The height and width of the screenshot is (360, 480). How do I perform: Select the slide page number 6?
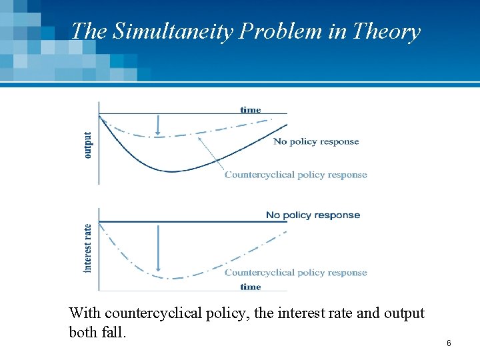coord(449,343)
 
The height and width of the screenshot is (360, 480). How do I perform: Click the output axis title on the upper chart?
coord(89,144)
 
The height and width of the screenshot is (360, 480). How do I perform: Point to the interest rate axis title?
coord(89,247)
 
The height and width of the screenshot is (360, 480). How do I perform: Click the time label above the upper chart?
coord(251,109)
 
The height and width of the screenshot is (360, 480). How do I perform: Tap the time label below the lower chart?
coord(251,287)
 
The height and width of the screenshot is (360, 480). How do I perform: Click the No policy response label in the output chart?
coord(316,141)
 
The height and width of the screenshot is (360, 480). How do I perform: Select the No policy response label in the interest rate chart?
coord(313,215)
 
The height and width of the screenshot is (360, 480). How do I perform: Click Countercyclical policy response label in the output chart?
coord(295,175)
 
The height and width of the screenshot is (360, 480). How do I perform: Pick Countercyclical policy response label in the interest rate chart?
coord(295,272)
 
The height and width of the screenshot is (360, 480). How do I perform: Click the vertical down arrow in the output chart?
coord(158,125)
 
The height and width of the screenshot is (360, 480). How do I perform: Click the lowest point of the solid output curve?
coord(173,171)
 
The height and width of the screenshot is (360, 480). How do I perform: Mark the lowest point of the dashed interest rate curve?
coord(173,278)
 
